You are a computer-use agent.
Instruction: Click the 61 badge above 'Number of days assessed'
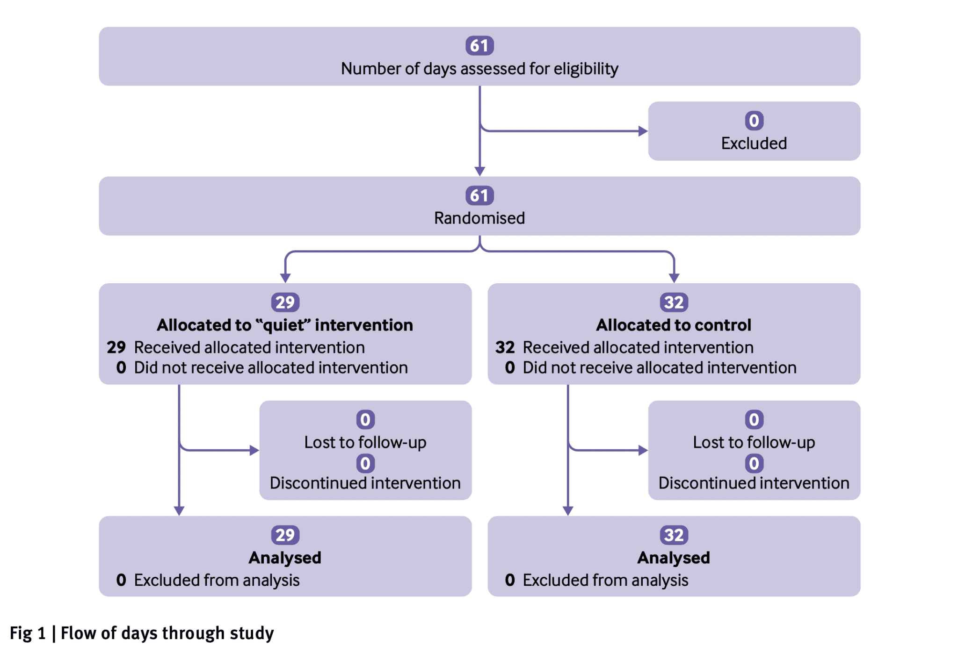pyautogui.click(x=479, y=46)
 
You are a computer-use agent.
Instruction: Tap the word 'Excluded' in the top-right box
pyautogui.click(x=754, y=143)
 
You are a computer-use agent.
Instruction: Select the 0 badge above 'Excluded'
pyautogui.click(x=754, y=121)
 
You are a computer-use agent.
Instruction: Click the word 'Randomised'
pyautogui.click(x=479, y=218)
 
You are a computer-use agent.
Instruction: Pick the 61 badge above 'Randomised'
pyautogui.click(x=479, y=195)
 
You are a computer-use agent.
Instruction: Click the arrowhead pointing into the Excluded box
pyautogui.click(x=643, y=131)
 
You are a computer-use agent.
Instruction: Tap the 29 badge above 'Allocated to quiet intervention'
pyautogui.click(x=285, y=302)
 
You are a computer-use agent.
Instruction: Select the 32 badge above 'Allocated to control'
pyautogui.click(x=674, y=302)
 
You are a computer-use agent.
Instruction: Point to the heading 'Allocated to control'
pyautogui.click(x=674, y=325)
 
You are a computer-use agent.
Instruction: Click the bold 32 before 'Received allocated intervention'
pyautogui.click(x=505, y=347)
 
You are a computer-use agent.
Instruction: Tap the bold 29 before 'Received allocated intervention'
pyautogui.click(x=116, y=347)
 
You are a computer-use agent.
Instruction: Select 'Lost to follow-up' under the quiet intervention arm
pyautogui.click(x=365, y=442)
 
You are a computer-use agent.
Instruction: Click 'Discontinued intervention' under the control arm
pyautogui.click(x=754, y=483)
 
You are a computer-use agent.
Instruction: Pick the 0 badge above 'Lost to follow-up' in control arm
pyautogui.click(x=754, y=420)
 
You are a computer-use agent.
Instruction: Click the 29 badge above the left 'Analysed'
pyautogui.click(x=285, y=535)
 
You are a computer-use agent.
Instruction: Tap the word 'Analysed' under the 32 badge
pyautogui.click(x=674, y=558)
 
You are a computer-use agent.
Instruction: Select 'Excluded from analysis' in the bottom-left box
pyautogui.click(x=217, y=580)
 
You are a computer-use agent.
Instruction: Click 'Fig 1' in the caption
pyautogui.click(x=28, y=633)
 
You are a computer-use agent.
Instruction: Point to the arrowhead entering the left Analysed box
pyautogui.click(x=179, y=511)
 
